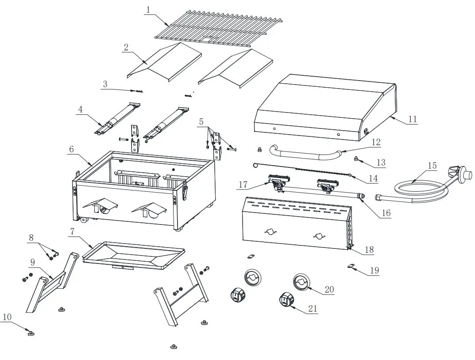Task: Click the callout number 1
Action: pos(148,9)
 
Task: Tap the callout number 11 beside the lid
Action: pos(412,119)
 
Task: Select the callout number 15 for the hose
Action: pos(432,166)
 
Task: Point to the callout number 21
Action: pos(313,309)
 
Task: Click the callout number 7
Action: pos(72,232)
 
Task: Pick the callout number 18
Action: pos(369,250)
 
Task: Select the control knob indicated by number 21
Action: pos(286,300)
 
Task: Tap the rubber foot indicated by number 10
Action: pos(31,333)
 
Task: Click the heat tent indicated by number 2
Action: pos(164,62)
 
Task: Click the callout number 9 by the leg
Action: pos(32,262)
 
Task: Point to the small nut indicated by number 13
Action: pos(355,158)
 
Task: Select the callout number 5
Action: pos(201,121)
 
